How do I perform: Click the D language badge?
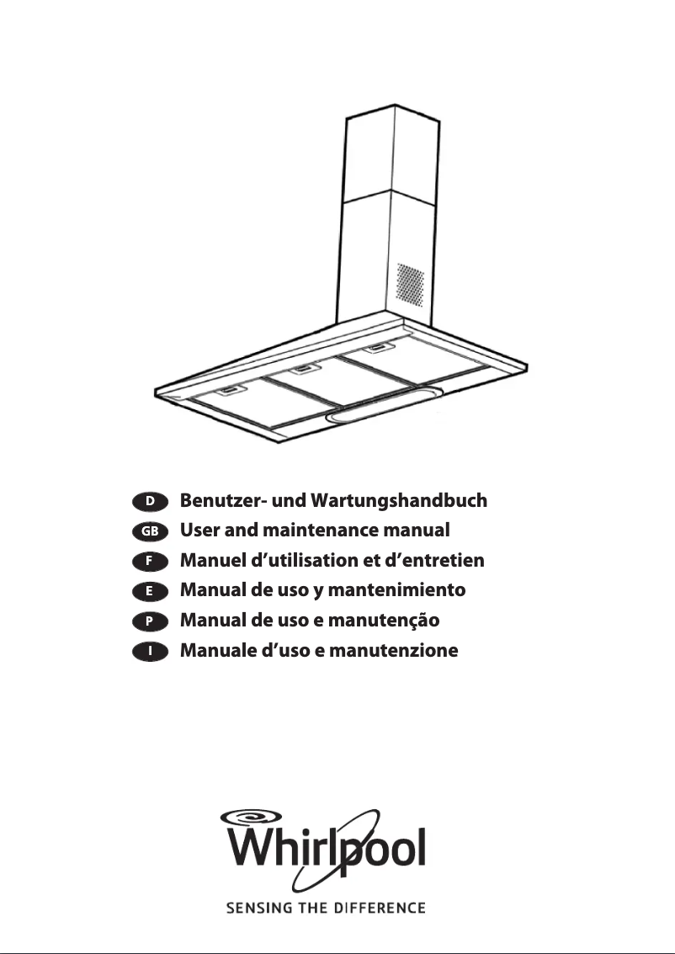(x=150, y=501)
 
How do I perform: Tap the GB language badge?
(x=150, y=531)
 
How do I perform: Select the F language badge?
(x=150, y=561)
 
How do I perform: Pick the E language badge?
(x=150, y=591)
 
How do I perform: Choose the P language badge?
(x=150, y=621)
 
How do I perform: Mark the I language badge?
(x=150, y=651)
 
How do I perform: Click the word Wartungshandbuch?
(x=398, y=502)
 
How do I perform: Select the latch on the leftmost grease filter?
(x=228, y=390)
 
